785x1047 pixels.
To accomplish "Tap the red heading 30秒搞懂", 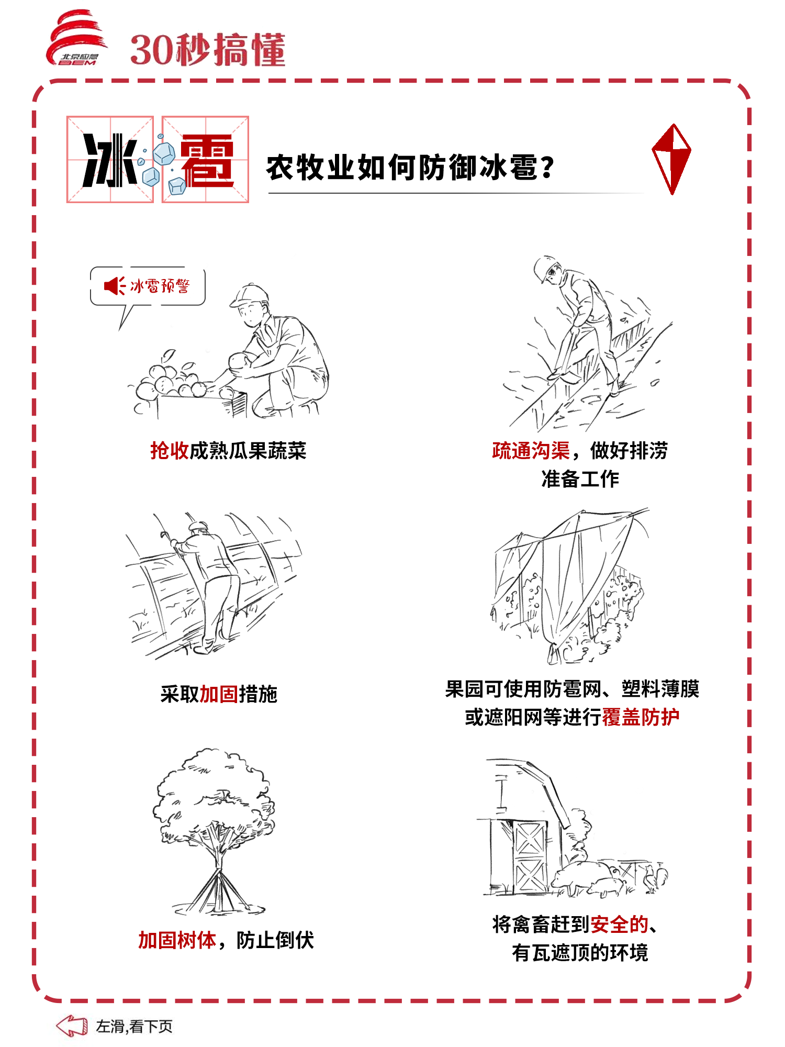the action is pyautogui.click(x=208, y=50).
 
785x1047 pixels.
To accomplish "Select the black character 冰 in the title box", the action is pyautogui.click(x=110, y=160).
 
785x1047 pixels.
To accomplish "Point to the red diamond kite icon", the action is pyautogui.click(x=671, y=159).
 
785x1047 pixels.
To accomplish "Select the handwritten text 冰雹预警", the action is pyautogui.click(x=160, y=286).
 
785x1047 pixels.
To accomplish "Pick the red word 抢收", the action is pyautogui.click(x=170, y=450).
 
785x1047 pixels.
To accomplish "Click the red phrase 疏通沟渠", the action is pyautogui.click(x=531, y=450).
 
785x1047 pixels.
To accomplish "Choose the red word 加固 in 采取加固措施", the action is pyautogui.click(x=219, y=694).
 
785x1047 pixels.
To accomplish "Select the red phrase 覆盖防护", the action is pyautogui.click(x=641, y=717).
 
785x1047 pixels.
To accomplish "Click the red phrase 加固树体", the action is pyautogui.click(x=177, y=940).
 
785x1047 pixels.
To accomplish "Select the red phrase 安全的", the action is pyautogui.click(x=620, y=925).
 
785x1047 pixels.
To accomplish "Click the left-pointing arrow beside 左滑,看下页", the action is pyautogui.click(x=72, y=1026).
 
